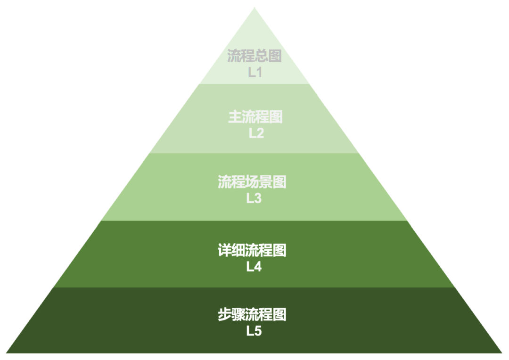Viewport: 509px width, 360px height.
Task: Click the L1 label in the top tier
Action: [x=254, y=73]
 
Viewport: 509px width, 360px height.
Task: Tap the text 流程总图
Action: [x=254, y=57]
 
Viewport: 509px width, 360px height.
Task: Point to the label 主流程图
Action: [x=255, y=117]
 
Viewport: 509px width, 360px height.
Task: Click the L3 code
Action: [x=254, y=198]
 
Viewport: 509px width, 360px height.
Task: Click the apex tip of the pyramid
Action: [x=254, y=8]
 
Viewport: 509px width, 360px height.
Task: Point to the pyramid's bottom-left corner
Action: [x=7, y=352]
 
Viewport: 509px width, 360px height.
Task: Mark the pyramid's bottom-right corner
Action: [x=502, y=352]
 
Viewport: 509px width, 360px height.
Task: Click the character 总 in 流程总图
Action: [x=262, y=57]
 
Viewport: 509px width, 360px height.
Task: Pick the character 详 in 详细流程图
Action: [x=225, y=250]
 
